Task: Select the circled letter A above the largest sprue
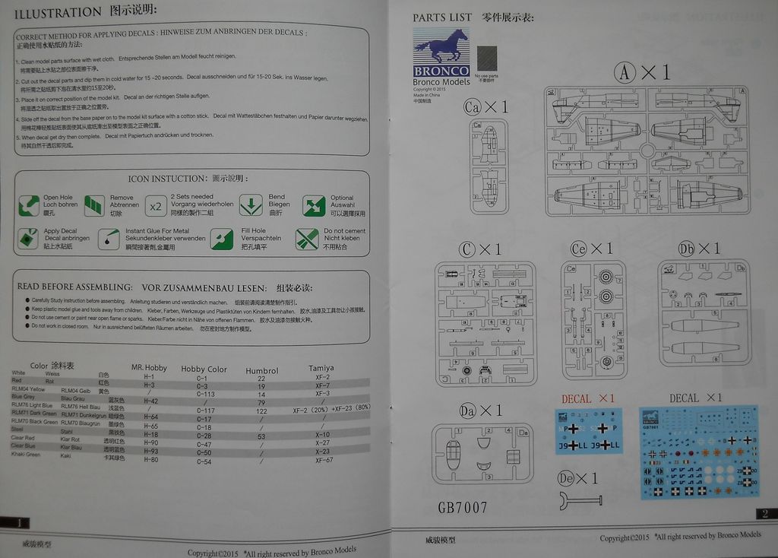click(625, 72)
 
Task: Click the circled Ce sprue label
click(579, 249)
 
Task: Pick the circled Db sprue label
click(687, 249)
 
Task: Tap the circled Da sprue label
click(468, 411)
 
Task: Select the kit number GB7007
click(462, 507)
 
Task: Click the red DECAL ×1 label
click(588, 398)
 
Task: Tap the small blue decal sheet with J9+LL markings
click(589, 431)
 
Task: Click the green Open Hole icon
click(28, 204)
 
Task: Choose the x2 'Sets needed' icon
click(156, 206)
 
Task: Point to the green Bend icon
click(250, 205)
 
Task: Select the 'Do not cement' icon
click(307, 239)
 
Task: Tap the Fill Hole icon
click(222, 239)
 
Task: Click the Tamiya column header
click(321, 368)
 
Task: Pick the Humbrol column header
click(261, 371)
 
